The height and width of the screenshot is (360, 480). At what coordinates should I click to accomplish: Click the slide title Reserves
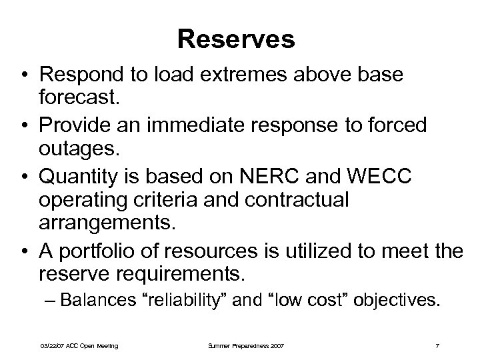[x=236, y=39]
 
